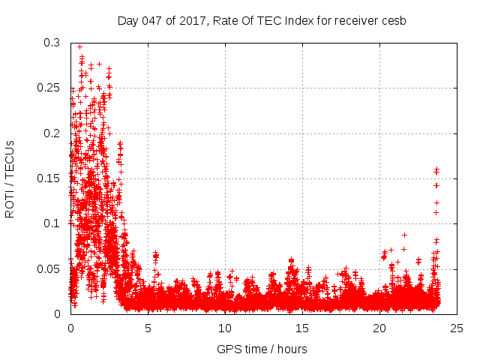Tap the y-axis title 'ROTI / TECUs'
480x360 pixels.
click(x=10, y=178)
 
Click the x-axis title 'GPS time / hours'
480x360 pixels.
click(x=262, y=349)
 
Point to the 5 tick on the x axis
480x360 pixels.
click(x=148, y=328)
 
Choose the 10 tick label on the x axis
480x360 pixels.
click(x=225, y=328)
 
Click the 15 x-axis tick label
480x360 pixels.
click(x=302, y=328)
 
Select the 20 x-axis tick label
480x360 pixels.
click(x=379, y=328)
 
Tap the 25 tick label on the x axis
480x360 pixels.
click(x=457, y=328)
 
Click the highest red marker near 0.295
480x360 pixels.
click(x=79, y=47)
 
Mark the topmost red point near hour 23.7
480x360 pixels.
click(x=436, y=169)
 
